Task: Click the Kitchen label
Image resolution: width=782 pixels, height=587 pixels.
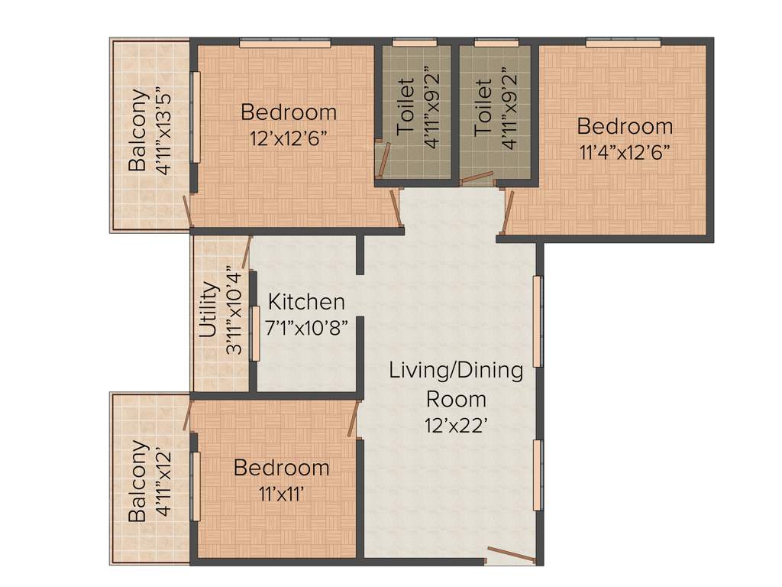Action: pos(306,302)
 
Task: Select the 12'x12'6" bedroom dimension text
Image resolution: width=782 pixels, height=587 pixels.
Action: pos(289,138)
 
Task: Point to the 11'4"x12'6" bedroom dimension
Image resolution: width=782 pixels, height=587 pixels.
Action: pos(625,151)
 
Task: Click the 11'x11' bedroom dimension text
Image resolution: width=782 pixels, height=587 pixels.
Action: pos(282,492)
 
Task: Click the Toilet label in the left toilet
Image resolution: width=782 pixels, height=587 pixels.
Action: pos(407,105)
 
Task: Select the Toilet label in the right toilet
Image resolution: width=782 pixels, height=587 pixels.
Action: pos(483,105)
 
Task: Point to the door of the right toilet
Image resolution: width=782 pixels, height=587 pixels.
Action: pos(478,178)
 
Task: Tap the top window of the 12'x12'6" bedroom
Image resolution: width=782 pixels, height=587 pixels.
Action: pos(285,44)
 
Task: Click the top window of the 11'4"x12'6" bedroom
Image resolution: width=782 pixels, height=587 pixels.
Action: pos(623,44)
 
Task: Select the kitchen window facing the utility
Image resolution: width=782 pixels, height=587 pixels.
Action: pos(256,333)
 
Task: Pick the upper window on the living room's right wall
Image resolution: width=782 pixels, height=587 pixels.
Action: pos(538,321)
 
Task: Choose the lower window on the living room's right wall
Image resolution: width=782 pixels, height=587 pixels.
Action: pos(538,475)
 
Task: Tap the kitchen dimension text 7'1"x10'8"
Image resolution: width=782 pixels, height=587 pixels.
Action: pos(306,328)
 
